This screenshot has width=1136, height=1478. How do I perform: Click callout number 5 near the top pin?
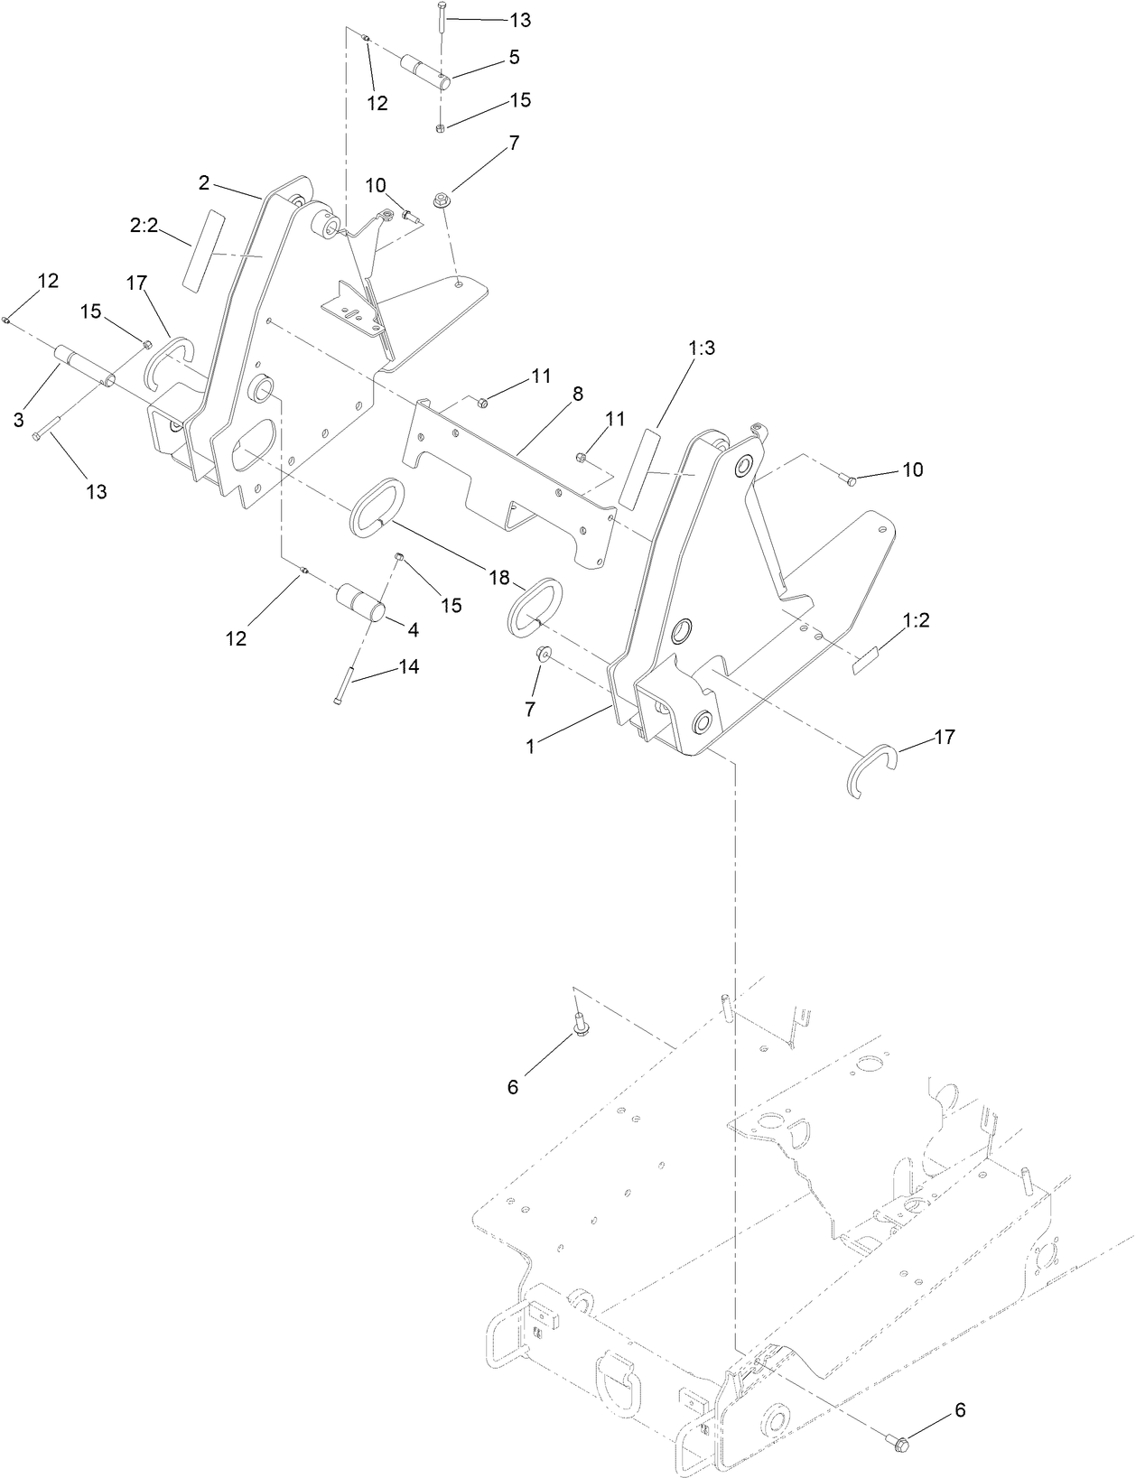click(x=514, y=57)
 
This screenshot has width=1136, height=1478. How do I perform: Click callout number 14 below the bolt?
click(x=409, y=667)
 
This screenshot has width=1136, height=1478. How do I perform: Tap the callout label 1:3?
click(x=701, y=348)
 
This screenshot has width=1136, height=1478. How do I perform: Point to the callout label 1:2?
click(x=916, y=621)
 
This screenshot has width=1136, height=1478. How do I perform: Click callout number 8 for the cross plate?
click(x=577, y=394)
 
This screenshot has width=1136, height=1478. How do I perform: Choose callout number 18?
click(x=499, y=578)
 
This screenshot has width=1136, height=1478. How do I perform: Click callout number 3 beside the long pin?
click(x=18, y=420)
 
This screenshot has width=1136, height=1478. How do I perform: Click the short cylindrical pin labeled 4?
click(x=361, y=602)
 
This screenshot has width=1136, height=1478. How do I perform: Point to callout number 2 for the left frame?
click(x=205, y=182)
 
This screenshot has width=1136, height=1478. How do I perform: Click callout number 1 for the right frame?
click(x=530, y=747)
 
